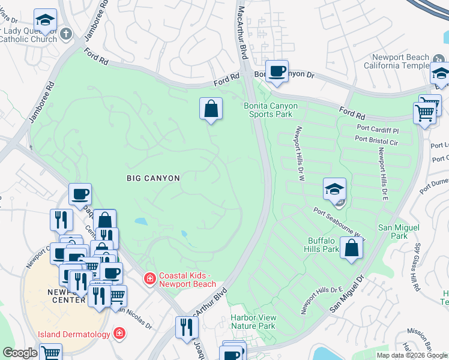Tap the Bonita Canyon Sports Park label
coord(271,110)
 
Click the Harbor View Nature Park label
coord(253,322)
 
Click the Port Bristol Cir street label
coord(376,139)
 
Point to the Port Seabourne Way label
coord(339,221)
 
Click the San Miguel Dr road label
coord(348,294)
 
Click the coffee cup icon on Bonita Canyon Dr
coord(277,71)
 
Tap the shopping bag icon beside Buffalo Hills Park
coord(352,247)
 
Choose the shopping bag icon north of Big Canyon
coord(211,109)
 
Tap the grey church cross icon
coord(66,35)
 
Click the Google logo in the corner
coord(20,353)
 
